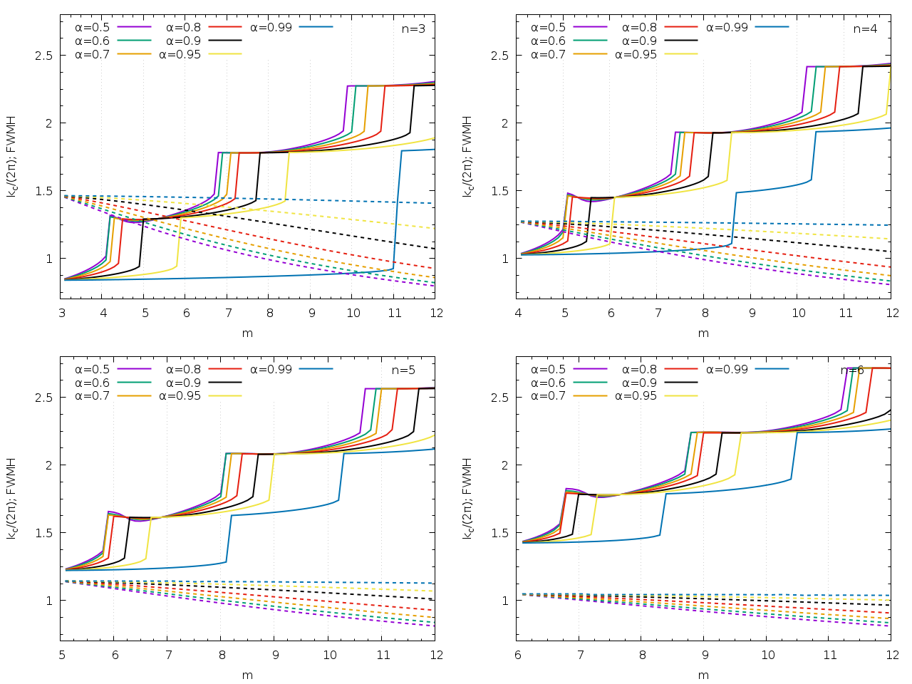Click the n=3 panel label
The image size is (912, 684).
point(413,29)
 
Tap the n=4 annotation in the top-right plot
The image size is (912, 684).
point(866,29)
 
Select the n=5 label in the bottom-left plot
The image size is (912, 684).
point(403,370)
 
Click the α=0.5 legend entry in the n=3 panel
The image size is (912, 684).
point(92,27)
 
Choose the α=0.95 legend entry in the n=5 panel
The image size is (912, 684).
point(180,396)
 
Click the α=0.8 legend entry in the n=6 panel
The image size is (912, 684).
point(639,369)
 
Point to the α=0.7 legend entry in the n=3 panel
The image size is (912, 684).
point(92,54)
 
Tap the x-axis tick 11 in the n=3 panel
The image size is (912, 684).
point(395,313)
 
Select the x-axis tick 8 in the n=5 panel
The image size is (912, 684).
point(221,655)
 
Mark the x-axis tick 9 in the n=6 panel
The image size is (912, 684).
point(705,655)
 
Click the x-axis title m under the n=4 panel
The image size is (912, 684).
point(703,333)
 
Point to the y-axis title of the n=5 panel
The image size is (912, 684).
point(11,497)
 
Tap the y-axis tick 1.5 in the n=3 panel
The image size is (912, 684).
point(44,191)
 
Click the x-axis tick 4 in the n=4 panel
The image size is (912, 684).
point(518,313)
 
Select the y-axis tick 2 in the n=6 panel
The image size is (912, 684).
point(505,465)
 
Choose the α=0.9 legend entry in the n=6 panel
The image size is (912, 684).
point(639,383)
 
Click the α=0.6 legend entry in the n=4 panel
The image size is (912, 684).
point(548,41)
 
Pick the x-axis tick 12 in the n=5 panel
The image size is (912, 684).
point(436,655)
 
